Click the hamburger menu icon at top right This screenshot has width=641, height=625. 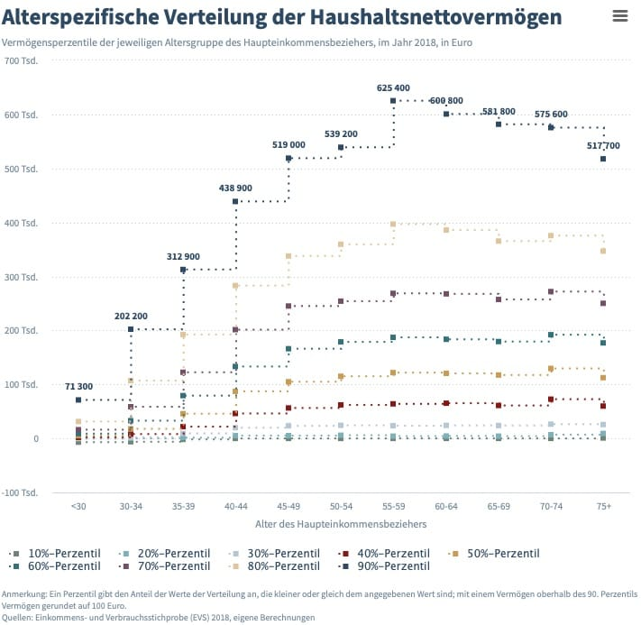[619, 16]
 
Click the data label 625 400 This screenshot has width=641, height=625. [393, 87]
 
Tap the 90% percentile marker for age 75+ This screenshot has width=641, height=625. [603, 159]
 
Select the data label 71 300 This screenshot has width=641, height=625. [78, 386]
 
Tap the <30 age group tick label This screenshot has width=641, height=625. [78, 507]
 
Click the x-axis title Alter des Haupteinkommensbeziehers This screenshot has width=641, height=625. [341, 523]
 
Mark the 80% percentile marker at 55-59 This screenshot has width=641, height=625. [393, 224]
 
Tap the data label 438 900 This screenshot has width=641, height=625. [235, 188]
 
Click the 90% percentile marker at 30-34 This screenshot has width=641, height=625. [131, 329]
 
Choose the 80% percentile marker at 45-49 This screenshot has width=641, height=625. [288, 256]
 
